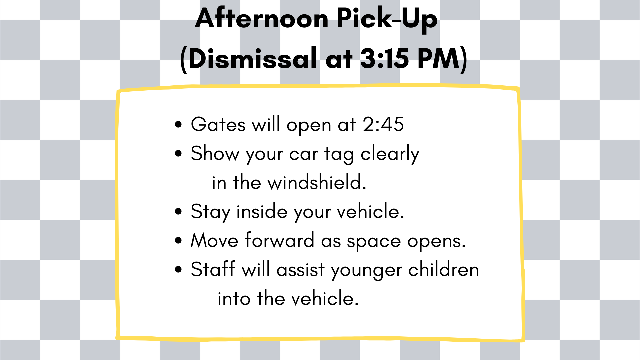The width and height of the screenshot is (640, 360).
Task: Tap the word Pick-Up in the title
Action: pos(387,20)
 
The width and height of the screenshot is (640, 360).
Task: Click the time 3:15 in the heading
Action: pos(384,58)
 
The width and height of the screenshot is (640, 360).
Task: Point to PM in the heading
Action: pos(438,58)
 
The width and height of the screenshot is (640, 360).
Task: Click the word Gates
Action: pos(218,124)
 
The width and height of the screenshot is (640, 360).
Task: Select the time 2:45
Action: pos(383,124)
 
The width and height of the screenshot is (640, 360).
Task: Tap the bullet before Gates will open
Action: pos(178,125)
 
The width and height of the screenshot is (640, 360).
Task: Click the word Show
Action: pos(215,153)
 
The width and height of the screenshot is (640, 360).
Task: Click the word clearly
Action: pos(390,155)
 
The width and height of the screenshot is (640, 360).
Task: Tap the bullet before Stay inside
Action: pos(178,211)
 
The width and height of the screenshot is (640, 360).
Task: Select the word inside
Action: pos(262,211)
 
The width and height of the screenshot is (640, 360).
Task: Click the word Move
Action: pos(214,240)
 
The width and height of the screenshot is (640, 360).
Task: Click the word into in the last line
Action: pos(234,298)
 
